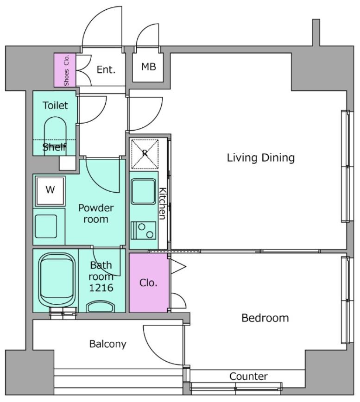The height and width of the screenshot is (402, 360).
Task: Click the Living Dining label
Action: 261,157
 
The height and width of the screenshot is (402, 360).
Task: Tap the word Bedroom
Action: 265,318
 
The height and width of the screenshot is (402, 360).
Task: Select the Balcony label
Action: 107,344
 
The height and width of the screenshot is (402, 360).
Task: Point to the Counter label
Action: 248,377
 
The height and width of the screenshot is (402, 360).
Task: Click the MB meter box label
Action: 148,67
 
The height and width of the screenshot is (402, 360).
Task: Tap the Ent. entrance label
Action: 106,69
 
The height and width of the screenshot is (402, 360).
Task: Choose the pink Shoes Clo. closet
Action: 65,70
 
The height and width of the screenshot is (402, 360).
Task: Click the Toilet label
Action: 55,106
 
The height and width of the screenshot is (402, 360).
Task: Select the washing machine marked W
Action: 50,190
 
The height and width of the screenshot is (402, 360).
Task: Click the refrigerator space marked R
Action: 145,154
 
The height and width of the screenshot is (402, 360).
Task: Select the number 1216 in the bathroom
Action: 101,288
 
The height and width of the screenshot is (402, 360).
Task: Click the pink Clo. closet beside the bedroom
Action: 149,283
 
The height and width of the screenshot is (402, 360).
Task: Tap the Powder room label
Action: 96,214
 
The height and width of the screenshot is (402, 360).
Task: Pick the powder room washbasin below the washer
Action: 46,226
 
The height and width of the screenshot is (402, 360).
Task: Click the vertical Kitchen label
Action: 163,204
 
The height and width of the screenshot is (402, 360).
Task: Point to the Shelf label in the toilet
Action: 54,147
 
